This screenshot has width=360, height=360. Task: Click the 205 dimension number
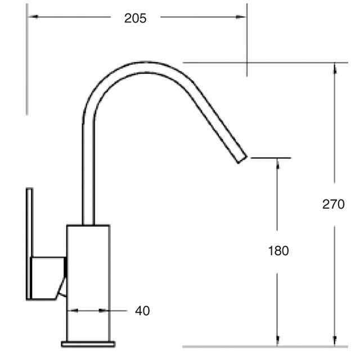click(x=135, y=18)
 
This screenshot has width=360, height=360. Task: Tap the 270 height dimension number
click(x=334, y=204)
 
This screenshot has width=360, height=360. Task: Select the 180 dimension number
click(x=278, y=250)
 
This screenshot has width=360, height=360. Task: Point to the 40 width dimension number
click(x=142, y=311)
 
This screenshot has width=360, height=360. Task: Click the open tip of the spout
click(x=242, y=159)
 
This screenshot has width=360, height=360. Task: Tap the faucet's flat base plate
click(x=88, y=344)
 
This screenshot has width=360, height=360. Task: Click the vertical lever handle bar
click(x=29, y=244)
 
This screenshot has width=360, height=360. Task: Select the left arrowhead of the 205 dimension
click(x=33, y=17)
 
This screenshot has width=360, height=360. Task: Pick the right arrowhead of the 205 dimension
click(x=241, y=17)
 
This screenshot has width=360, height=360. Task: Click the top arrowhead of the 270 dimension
click(x=335, y=68)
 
